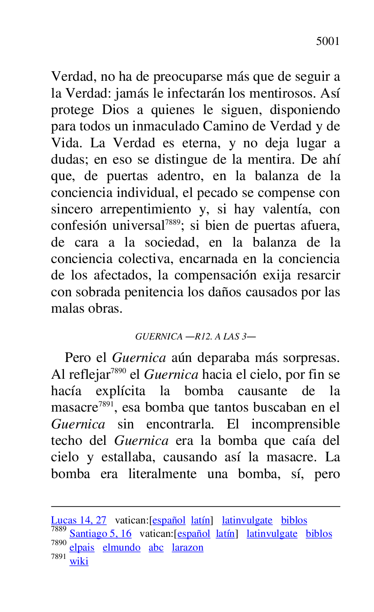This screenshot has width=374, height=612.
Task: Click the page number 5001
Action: (x=328, y=41)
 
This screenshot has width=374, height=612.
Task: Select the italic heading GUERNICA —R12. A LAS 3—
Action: (x=195, y=337)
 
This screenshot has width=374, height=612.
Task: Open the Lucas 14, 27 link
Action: (x=79, y=520)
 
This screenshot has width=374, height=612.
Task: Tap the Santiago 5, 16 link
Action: (x=100, y=534)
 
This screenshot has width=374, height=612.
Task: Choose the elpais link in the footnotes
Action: (x=82, y=548)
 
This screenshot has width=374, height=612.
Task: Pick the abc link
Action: (x=156, y=548)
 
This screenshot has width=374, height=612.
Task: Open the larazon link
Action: (x=187, y=548)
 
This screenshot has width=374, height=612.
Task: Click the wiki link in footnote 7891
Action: (x=79, y=561)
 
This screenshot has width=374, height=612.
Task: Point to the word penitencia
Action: (x=154, y=292)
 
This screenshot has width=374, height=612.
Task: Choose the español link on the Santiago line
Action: (x=193, y=534)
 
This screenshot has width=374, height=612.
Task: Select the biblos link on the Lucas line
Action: (x=294, y=520)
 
